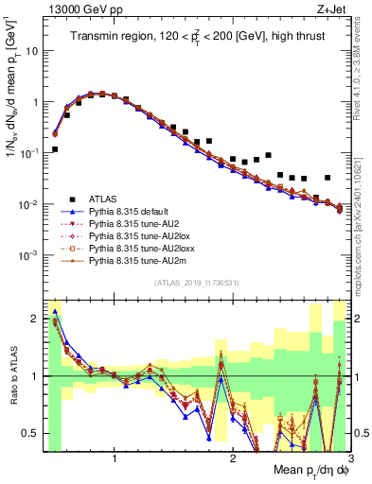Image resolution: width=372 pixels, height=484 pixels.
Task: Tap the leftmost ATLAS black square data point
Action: pyautogui.click(x=55, y=149)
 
